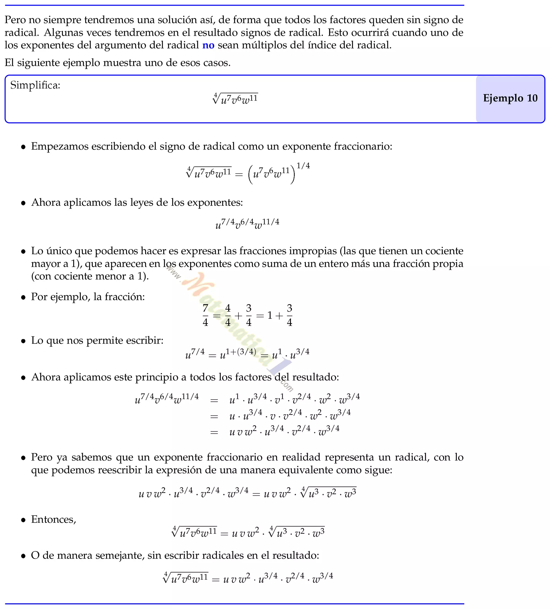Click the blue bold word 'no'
tap(208, 45)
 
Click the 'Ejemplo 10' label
tap(510, 98)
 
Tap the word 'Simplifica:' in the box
tap(35, 85)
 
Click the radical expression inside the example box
tap(235, 99)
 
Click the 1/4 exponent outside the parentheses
tap(303, 166)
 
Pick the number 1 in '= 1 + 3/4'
tap(270, 316)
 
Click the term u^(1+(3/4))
tap(238, 354)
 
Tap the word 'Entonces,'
tap(53, 519)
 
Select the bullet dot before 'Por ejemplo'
tap(23, 298)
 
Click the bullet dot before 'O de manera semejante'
tap(23, 556)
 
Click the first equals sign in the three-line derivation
tap(214, 401)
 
